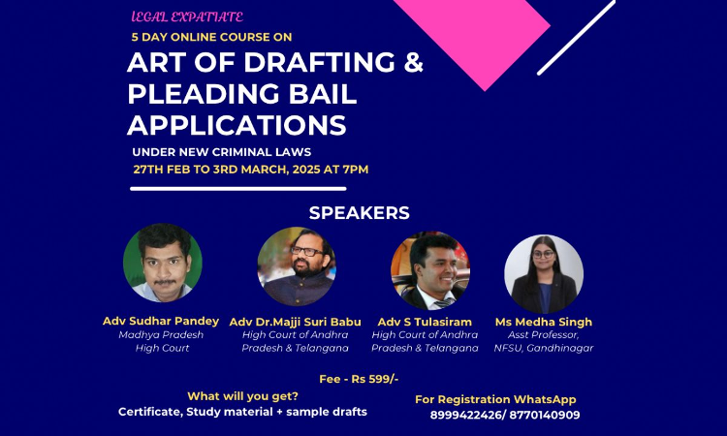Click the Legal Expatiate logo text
click(x=187, y=16)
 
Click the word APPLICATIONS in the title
click(x=237, y=126)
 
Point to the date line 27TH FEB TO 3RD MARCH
click(x=251, y=170)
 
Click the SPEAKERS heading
click(x=359, y=213)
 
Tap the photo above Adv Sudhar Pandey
click(x=163, y=264)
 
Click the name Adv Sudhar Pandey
click(x=161, y=322)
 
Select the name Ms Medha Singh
click(x=544, y=322)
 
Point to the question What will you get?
click(x=242, y=396)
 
